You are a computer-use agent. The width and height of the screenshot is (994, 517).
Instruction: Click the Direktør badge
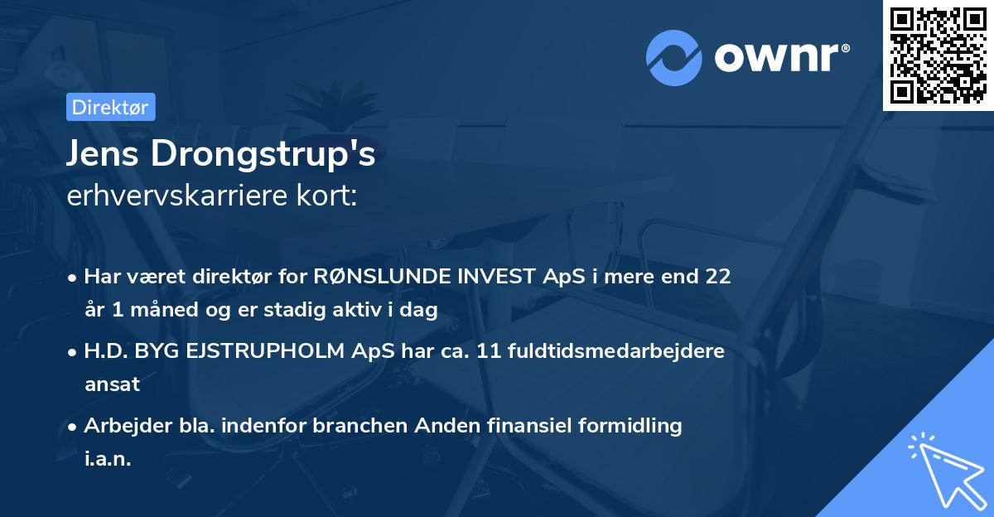click(x=110, y=107)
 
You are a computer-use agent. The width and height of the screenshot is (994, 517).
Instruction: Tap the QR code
click(x=939, y=55)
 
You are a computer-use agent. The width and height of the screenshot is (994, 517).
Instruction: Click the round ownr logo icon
click(x=674, y=57)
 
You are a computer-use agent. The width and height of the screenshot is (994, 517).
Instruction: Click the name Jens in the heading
click(x=102, y=154)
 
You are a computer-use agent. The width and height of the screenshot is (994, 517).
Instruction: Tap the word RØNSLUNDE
click(x=380, y=277)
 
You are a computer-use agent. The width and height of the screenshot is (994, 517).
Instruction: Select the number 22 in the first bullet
click(x=718, y=277)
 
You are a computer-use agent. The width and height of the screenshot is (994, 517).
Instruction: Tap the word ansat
click(x=112, y=384)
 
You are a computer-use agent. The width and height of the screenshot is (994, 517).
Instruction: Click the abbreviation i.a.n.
click(x=108, y=459)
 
